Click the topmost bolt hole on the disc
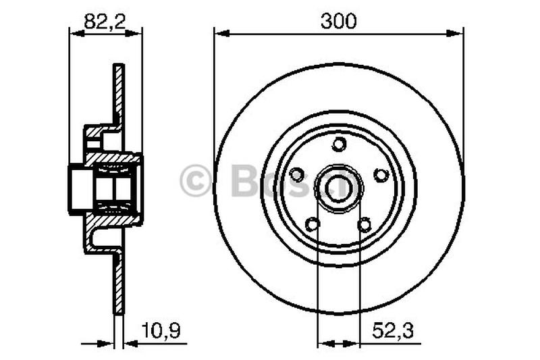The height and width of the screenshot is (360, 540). click(339, 144)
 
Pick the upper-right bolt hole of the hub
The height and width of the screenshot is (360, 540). click(381, 175)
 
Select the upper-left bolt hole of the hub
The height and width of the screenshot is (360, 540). click(296, 175)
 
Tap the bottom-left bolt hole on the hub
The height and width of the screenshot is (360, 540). click(312, 224)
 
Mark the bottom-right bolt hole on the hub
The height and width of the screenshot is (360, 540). click(365, 224)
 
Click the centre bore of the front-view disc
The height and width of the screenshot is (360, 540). click(339, 184)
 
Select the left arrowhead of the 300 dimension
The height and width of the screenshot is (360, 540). click(219, 32)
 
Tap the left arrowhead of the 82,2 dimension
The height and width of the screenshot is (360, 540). click(74, 32)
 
